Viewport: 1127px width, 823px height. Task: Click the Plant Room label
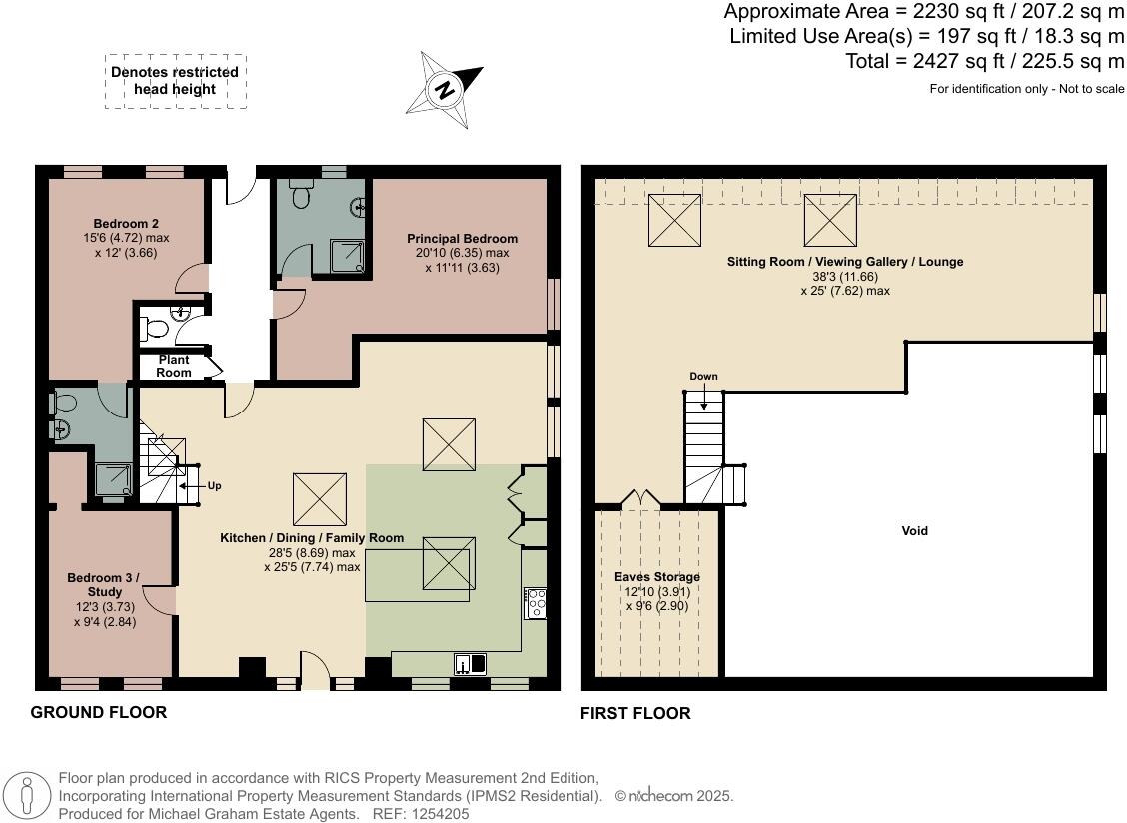click(x=174, y=366)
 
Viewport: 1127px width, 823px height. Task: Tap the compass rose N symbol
click(x=445, y=91)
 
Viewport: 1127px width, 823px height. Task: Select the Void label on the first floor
click(x=914, y=531)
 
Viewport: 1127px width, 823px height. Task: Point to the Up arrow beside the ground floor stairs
click(x=188, y=485)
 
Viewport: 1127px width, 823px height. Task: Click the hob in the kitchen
click(x=536, y=604)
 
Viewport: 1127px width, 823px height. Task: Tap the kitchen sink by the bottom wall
click(x=470, y=663)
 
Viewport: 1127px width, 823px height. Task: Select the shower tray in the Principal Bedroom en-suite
click(x=348, y=256)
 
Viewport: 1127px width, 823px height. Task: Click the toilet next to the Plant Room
click(x=153, y=330)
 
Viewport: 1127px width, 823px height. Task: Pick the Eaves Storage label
click(x=657, y=577)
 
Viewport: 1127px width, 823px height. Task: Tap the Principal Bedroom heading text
click(x=463, y=239)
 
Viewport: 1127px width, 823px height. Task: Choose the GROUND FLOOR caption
click(x=99, y=712)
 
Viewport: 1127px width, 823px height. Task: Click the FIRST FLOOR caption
click(x=635, y=713)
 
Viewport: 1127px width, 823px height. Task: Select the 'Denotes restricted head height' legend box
click(x=176, y=81)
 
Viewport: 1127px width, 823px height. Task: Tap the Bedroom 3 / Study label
click(x=104, y=585)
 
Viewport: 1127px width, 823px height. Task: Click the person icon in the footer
click(x=28, y=797)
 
